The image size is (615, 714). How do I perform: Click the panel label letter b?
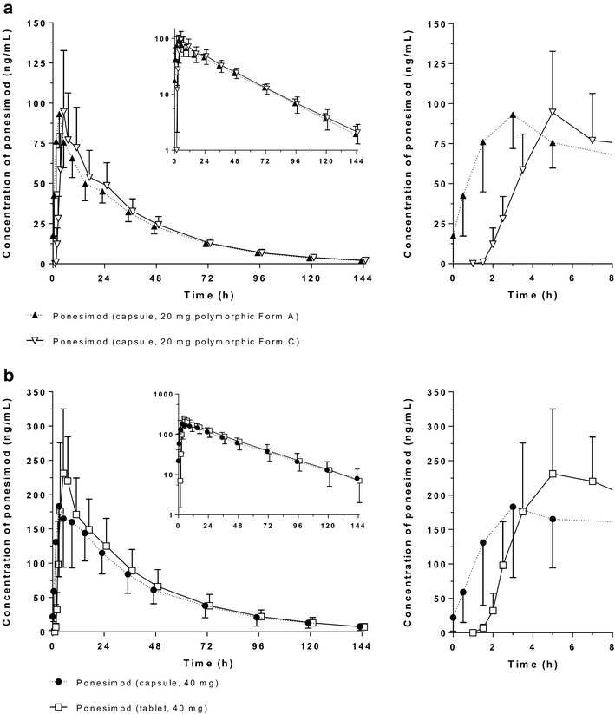pos(6,375)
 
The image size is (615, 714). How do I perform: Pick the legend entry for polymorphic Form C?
pos(173,341)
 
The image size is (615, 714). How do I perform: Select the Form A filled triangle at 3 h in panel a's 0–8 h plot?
pos(513,115)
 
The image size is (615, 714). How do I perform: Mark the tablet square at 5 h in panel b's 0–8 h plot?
pos(553,474)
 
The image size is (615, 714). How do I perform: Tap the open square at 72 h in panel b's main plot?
pos(208,606)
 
